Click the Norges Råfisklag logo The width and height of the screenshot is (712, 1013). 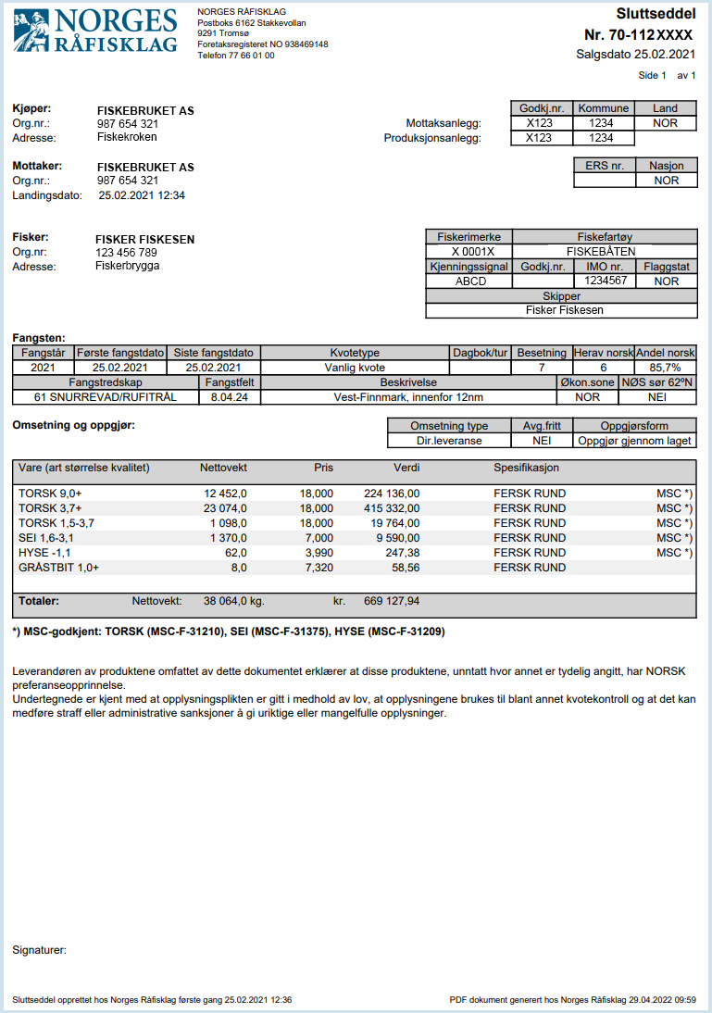[95, 31]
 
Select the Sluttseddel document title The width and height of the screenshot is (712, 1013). [656, 13]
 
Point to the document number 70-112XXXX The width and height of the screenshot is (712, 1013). [639, 35]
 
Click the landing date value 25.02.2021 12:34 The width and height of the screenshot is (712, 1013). [142, 195]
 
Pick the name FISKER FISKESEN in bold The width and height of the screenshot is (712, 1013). [145, 239]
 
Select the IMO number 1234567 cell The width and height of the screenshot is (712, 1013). [607, 281]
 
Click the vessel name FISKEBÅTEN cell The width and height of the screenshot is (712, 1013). [605, 251]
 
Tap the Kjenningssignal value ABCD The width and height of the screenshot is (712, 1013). [470, 281]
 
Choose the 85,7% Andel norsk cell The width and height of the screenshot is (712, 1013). [665, 368]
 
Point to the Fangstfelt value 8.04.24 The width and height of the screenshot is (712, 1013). [231, 397]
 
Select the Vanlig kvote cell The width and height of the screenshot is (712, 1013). [355, 368]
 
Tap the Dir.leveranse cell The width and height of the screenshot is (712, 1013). [449, 441]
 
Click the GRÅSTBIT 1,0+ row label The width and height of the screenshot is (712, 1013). [57, 568]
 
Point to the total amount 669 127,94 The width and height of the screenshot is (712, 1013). [392, 601]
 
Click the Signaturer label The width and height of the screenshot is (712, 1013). [40, 949]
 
